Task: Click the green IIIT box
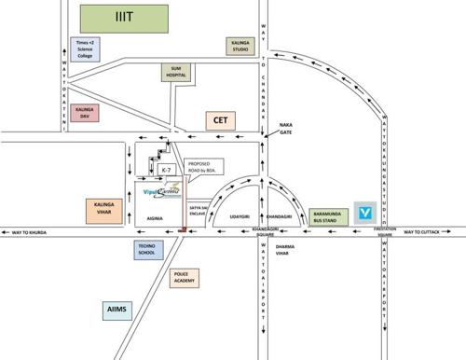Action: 124,17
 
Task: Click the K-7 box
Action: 166,171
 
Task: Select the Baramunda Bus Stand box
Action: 330,215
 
